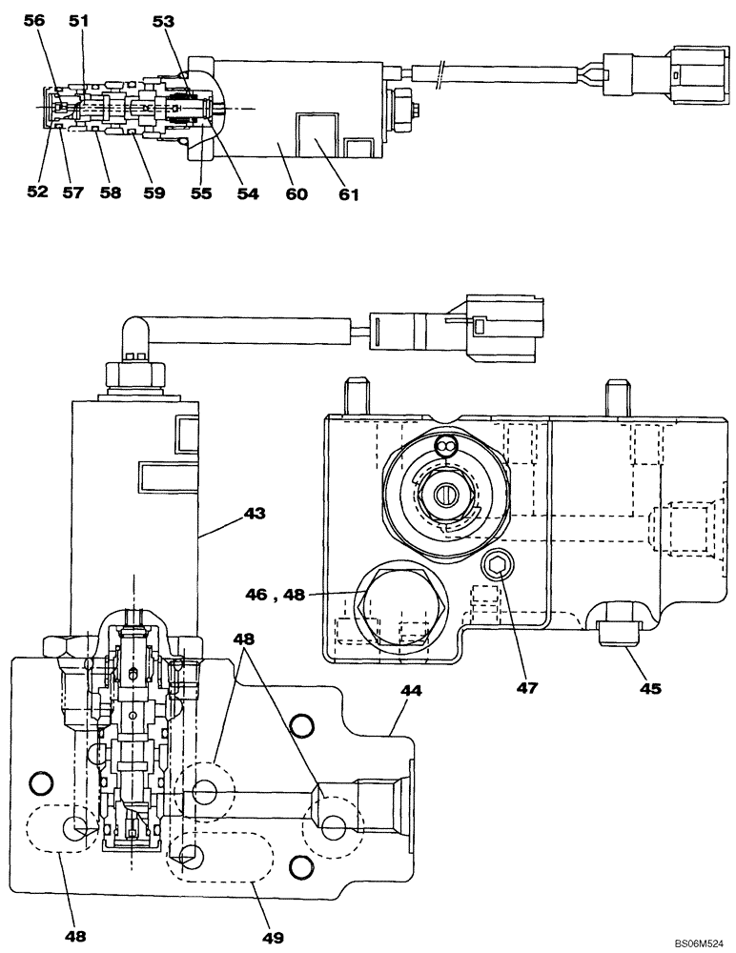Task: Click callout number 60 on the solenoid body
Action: [296, 194]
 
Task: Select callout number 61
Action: [349, 194]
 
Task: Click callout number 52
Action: [37, 193]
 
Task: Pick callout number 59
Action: [153, 193]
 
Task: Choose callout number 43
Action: [254, 514]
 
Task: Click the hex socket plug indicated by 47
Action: [495, 569]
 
